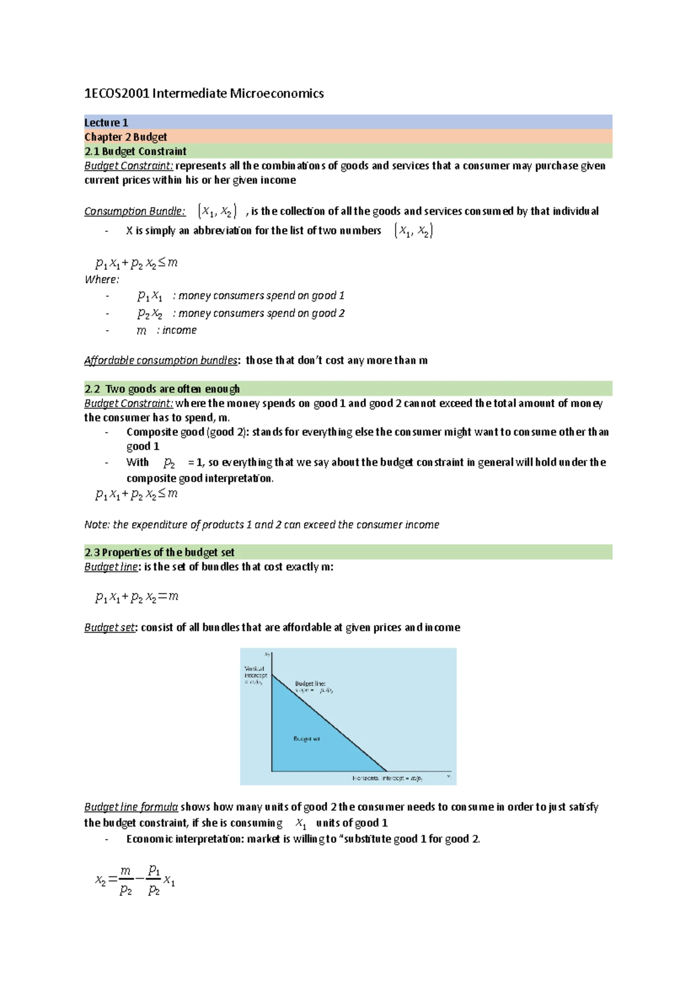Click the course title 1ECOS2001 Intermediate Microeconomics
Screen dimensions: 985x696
click(x=204, y=93)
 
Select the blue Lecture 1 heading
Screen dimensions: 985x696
click(x=106, y=122)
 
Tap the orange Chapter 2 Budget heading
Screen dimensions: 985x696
click(x=125, y=137)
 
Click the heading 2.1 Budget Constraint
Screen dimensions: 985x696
click(x=135, y=151)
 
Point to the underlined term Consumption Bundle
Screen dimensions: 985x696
click(x=135, y=211)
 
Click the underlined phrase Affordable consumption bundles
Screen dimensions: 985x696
click(x=161, y=360)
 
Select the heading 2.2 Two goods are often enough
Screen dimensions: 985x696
click(x=162, y=389)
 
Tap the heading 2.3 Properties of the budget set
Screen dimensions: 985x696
click(x=159, y=552)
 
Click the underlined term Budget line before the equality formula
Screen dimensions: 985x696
click(x=111, y=567)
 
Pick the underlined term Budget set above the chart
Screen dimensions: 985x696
click(x=110, y=627)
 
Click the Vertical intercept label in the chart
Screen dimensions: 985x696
click(x=255, y=675)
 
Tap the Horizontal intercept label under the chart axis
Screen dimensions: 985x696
click(x=387, y=778)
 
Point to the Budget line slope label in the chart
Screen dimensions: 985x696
click(x=313, y=687)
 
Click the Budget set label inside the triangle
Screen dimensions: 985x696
click(x=306, y=738)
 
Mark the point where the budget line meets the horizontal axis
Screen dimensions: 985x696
click(x=387, y=771)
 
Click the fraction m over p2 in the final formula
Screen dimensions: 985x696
click(x=126, y=880)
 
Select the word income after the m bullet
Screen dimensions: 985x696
click(x=179, y=330)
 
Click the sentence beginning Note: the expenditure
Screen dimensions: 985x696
click(x=262, y=524)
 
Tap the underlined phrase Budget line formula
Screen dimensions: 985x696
click(x=131, y=807)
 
